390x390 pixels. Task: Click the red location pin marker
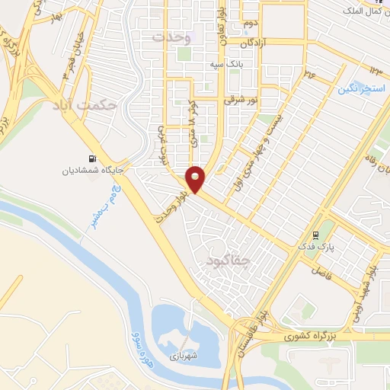click(197, 178)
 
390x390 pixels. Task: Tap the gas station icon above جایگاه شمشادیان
click(93, 158)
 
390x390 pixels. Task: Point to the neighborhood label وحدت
click(168, 37)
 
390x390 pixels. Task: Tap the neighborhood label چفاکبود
click(227, 261)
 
